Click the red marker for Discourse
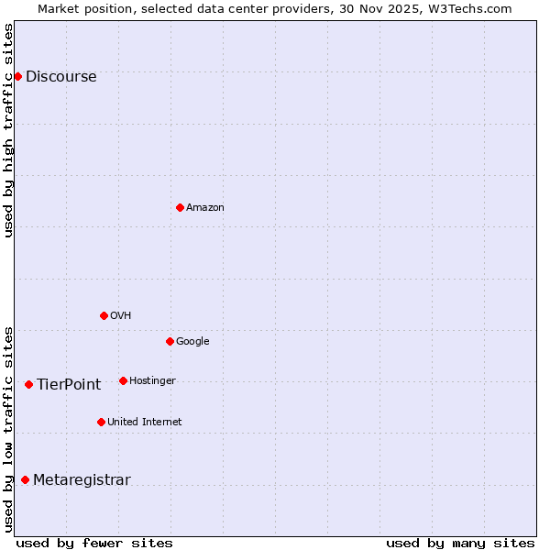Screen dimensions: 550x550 [x=17, y=76]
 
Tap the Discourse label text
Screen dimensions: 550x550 [x=61, y=77]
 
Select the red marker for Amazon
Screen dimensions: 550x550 [x=180, y=207]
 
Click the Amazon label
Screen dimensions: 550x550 [x=205, y=208]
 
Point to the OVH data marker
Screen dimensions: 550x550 [x=104, y=315]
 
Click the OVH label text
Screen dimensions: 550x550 [x=121, y=316]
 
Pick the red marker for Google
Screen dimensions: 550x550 [x=170, y=341]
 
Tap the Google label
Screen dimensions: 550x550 [x=192, y=342]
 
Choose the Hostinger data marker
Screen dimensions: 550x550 [x=123, y=380]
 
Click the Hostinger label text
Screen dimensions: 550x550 [x=152, y=381]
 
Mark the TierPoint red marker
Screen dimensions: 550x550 [x=28, y=384]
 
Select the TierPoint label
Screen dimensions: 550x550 [x=69, y=385]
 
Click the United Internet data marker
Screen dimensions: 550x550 [x=101, y=422]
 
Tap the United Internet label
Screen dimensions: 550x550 [x=145, y=423]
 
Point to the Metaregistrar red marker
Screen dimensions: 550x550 [x=25, y=479]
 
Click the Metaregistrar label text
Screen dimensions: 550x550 [x=82, y=480]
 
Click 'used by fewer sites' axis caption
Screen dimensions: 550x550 [x=94, y=543]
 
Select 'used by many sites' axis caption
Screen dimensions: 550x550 [x=460, y=543]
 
